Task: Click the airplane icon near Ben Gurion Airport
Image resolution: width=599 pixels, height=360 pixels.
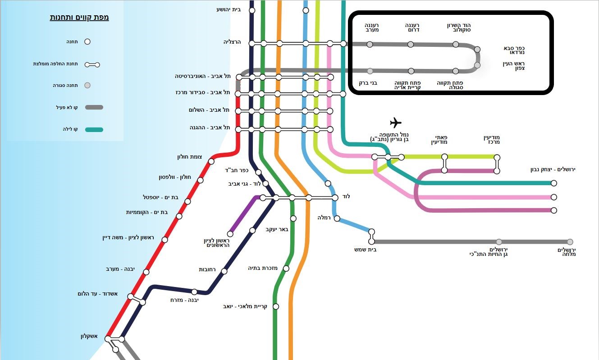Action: [395, 123]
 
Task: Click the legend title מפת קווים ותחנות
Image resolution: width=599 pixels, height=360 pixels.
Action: [79, 18]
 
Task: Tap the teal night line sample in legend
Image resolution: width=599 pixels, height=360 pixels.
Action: [94, 130]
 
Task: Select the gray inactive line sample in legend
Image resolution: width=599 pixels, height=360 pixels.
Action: [94, 107]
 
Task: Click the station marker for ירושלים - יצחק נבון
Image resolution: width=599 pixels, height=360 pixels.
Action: [554, 183]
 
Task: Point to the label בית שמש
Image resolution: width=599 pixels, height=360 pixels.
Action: [366, 249]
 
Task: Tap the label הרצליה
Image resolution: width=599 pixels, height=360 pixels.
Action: [232, 42]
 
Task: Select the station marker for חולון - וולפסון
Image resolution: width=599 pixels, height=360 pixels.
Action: [201, 180]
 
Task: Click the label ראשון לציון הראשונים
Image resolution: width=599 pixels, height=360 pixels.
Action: [217, 243]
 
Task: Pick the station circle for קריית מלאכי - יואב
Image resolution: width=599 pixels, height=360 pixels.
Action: [276, 306]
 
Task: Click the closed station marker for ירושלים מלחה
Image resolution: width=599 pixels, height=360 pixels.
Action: [570, 242]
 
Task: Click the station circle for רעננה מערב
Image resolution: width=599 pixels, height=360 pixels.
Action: [370, 44]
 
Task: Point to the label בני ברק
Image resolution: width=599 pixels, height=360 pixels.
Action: [368, 83]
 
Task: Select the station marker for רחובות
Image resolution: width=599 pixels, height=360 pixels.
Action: [224, 271]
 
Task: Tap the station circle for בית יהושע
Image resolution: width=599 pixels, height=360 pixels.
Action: [252, 10]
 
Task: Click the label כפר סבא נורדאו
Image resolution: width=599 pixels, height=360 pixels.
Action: [514, 50]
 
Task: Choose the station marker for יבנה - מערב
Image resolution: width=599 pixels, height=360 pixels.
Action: [146, 272]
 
